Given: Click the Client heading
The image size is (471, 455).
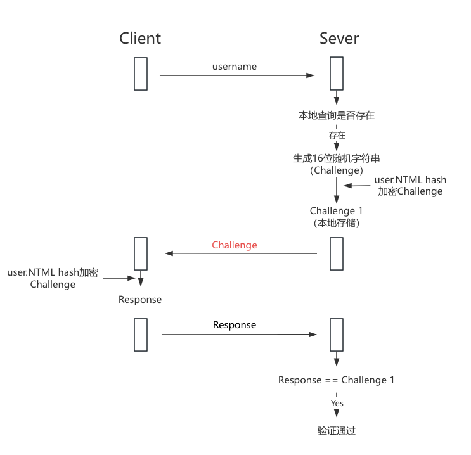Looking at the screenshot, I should tap(140, 39).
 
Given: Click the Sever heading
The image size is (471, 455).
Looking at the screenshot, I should tap(339, 39).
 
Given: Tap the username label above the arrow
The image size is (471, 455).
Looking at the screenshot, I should tap(235, 67).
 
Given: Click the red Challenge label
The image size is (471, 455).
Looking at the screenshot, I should tap(235, 245).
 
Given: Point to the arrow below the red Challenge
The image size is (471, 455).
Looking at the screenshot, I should tap(241, 253).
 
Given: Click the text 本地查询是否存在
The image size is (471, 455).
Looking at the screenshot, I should tap(337, 116).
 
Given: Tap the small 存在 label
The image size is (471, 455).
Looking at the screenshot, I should tap(337, 136).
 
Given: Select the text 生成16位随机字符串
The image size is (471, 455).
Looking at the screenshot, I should tap(337, 158).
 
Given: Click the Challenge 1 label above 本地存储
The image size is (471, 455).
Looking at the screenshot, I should tap(337, 211).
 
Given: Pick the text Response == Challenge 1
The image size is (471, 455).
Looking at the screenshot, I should tap(337, 380).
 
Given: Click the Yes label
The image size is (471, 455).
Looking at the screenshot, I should tap(337, 403).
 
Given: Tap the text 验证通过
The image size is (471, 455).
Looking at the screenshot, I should tap(337, 431).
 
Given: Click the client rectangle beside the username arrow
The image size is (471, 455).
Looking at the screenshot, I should tap(141, 74).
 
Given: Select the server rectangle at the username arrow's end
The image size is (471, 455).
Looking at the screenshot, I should tap(337, 74).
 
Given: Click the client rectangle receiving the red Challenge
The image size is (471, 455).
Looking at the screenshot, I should tap(141, 253).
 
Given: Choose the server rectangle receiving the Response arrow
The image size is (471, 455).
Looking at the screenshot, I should tap(337, 335).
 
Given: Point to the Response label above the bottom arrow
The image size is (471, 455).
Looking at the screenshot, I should tap(235, 325).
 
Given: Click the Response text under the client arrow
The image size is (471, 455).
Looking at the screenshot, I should tap(140, 300).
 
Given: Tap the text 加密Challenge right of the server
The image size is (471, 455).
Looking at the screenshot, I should tap(410, 191).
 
